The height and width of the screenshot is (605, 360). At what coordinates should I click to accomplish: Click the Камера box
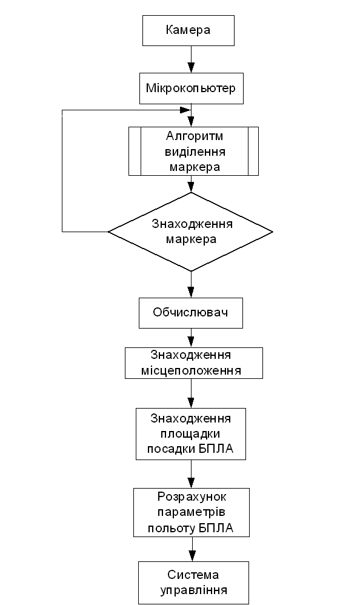click(x=188, y=30)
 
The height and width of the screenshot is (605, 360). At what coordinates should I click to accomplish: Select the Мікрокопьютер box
click(x=192, y=89)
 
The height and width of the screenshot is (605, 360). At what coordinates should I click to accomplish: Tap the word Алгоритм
click(x=195, y=136)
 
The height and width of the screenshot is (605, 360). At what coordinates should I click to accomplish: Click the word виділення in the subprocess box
click(x=195, y=152)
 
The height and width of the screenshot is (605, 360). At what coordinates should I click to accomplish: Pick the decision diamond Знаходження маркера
click(x=191, y=232)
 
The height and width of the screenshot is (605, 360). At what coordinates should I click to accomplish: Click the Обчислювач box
click(x=191, y=313)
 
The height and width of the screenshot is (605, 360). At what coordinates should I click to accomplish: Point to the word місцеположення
click(x=191, y=370)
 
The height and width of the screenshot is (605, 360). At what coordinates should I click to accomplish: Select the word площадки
click(x=190, y=434)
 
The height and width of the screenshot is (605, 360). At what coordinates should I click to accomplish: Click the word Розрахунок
click(x=192, y=497)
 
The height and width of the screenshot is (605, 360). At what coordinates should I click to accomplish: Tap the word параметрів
click(x=192, y=512)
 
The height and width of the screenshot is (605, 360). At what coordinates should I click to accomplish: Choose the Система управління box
click(x=194, y=583)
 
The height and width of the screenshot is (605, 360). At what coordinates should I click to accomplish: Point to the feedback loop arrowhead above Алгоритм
click(x=185, y=110)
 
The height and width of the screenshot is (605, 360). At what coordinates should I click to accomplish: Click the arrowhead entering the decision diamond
click(x=191, y=187)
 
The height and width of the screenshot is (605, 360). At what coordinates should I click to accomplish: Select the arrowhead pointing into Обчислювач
click(x=191, y=292)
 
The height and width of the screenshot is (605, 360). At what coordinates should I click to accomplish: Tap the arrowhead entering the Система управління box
click(x=193, y=556)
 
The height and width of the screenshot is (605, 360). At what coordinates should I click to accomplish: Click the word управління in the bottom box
click(x=194, y=590)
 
